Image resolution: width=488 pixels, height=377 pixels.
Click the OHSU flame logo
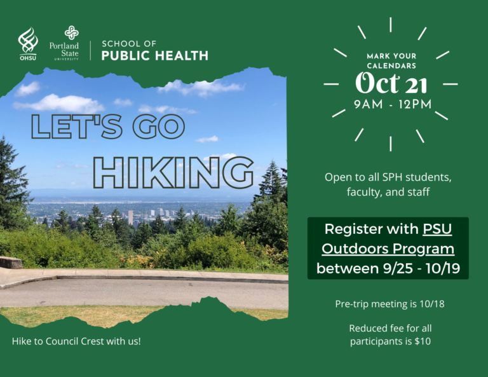tap(28, 44)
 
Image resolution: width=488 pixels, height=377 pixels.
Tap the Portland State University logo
tap(64, 43)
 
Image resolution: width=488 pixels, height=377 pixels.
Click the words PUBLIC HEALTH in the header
tap(154, 55)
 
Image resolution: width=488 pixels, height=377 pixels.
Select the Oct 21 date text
tap(391, 83)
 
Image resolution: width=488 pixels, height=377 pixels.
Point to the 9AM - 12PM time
tap(393, 104)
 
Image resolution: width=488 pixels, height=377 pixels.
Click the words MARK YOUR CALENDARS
tap(391, 60)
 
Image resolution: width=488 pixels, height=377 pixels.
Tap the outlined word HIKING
tap(173, 172)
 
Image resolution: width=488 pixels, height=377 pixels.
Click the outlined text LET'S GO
tap(108, 126)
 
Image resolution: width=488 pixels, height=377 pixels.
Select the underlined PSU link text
tap(437, 229)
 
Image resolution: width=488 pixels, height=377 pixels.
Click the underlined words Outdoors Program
tap(388, 249)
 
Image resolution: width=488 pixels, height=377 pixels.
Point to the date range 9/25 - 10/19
tap(421, 268)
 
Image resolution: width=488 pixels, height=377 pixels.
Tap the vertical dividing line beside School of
tap(91, 50)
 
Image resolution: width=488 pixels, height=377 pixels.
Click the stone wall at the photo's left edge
tap(11, 262)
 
